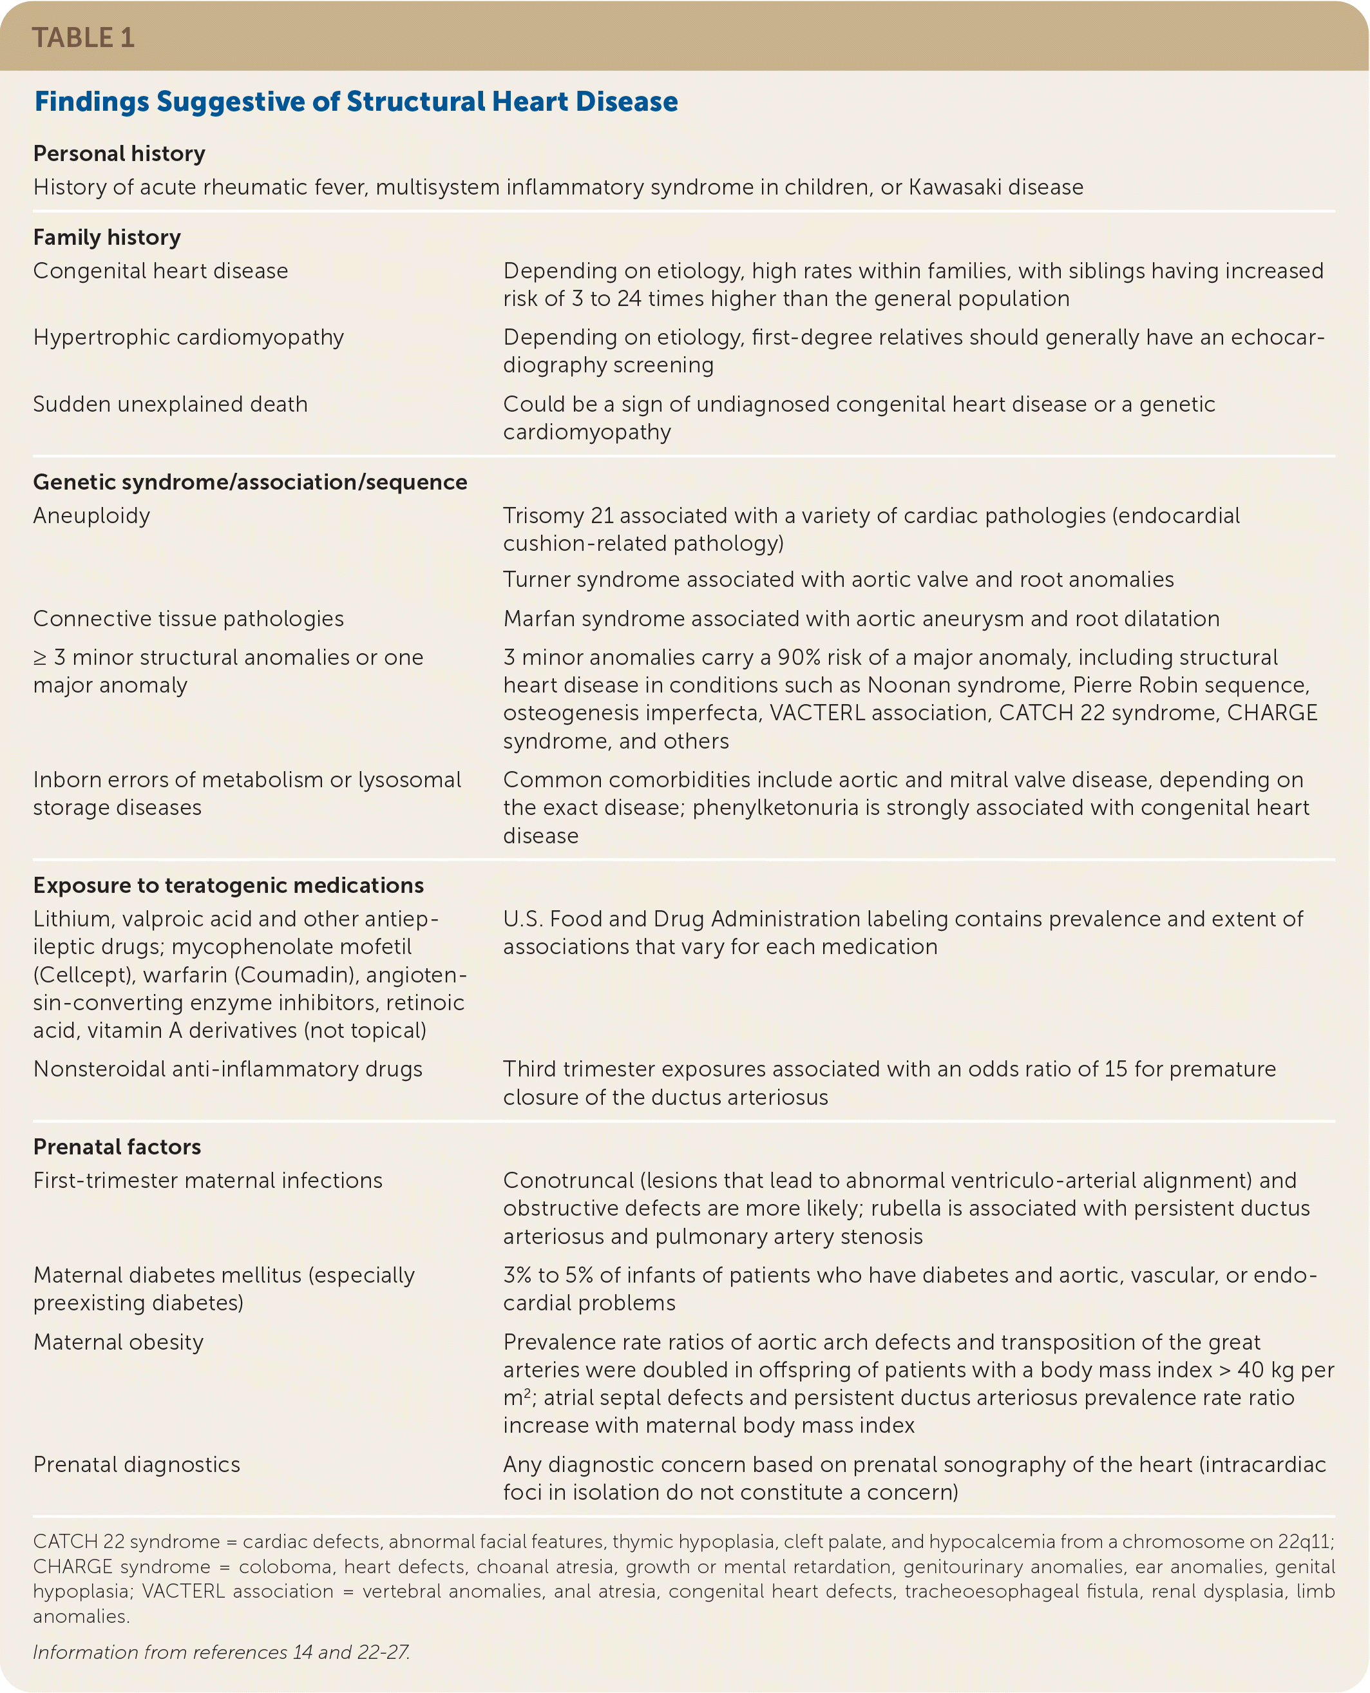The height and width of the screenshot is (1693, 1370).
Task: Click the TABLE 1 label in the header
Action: point(83,38)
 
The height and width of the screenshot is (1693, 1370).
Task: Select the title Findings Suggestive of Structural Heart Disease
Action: point(356,102)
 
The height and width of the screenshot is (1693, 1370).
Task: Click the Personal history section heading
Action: point(119,153)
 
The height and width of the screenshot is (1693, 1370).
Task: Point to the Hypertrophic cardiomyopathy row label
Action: point(189,337)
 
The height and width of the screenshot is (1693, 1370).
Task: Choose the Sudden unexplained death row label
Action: point(171,404)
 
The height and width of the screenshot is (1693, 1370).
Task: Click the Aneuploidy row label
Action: point(91,515)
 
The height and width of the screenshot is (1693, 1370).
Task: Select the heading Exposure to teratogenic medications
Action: point(228,886)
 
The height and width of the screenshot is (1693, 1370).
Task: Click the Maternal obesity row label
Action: point(119,1342)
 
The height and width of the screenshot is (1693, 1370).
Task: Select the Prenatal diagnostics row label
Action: point(137,1464)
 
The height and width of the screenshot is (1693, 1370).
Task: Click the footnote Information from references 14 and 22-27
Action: point(221,1652)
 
